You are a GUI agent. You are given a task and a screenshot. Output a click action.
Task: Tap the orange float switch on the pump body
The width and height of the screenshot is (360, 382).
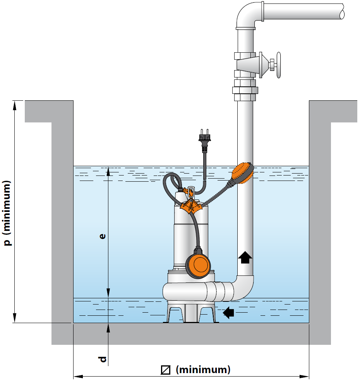200,265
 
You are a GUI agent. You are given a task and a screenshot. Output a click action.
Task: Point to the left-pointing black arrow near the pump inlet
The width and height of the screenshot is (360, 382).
229,312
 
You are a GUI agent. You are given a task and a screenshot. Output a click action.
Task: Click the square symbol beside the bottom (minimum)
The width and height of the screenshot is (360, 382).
166,370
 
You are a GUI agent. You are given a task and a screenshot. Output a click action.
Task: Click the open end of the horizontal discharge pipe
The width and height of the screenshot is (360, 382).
342,11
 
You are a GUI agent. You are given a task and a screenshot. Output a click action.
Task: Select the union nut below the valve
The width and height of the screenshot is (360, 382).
245,90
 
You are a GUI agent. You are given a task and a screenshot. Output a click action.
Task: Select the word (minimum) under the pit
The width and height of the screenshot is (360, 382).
203,370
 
